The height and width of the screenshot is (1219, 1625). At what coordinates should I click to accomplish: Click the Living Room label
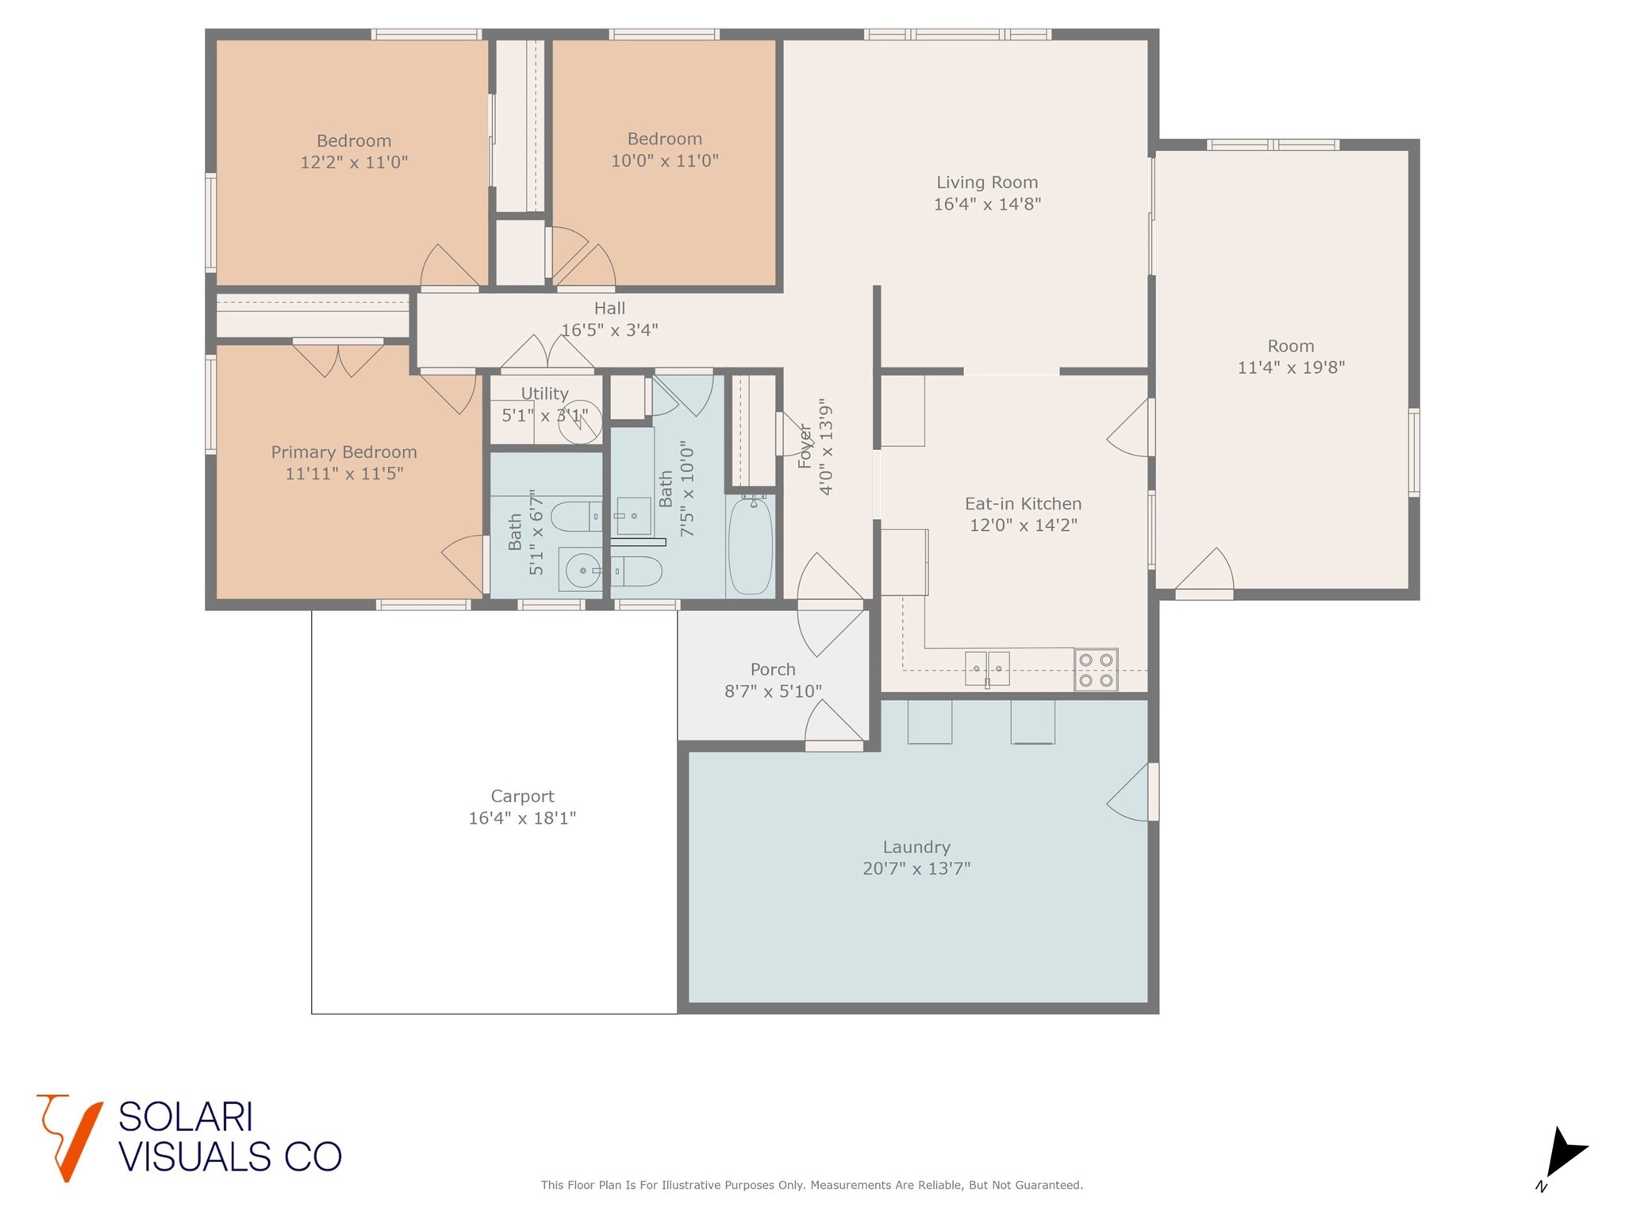[x=986, y=183]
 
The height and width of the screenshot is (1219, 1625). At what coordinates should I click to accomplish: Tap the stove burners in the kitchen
[x=1096, y=670]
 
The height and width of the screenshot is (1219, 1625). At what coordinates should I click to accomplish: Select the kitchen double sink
[x=987, y=668]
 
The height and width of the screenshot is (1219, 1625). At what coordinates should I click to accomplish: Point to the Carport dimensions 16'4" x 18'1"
[x=522, y=818]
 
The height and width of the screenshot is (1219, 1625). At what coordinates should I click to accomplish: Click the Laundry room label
[x=916, y=847]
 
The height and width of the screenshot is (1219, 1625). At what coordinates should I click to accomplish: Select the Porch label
[x=773, y=670]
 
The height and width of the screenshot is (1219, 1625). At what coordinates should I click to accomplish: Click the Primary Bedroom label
[x=344, y=452]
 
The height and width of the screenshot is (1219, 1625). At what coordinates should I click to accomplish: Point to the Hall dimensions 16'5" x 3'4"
[x=609, y=330]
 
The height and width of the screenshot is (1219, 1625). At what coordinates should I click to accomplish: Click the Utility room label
[x=544, y=394]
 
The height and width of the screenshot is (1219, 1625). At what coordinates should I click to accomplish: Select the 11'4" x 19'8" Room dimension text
[x=1291, y=367]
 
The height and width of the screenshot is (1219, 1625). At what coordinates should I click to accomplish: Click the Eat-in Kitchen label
[x=1023, y=504]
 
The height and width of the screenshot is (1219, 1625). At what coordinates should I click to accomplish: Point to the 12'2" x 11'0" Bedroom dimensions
[x=354, y=163]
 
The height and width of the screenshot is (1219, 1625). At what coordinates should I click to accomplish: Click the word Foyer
[x=805, y=446]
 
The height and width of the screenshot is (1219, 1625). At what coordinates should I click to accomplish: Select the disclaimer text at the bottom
[x=812, y=1185]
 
